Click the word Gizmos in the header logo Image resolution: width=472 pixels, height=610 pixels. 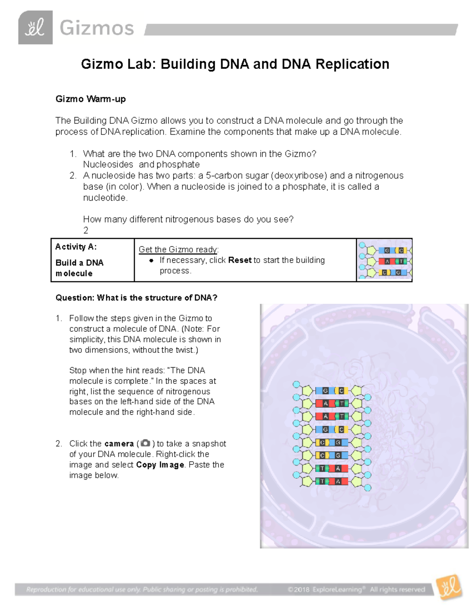point(97,28)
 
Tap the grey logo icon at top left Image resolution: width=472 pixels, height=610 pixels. point(35,27)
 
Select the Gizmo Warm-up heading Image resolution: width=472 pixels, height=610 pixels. point(90,99)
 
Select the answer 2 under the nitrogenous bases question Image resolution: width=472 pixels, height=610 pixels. point(86,230)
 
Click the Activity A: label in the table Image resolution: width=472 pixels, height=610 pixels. point(76,247)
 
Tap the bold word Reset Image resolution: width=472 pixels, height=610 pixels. point(240,260)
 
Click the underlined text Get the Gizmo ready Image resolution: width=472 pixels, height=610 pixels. point(178,249)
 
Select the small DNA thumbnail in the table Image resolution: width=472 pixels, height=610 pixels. point(384,260)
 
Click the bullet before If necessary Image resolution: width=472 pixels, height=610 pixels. point(151,260)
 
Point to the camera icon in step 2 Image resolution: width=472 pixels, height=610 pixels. point(145,443)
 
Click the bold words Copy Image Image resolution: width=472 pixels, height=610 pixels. point(160,465)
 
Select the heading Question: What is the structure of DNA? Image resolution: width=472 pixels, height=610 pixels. point(136,298)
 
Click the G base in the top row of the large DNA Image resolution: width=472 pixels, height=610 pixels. point(325,391)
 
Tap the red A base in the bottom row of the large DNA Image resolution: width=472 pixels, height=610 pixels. point(338,481)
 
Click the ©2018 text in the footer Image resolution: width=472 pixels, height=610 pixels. point(299,589)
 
